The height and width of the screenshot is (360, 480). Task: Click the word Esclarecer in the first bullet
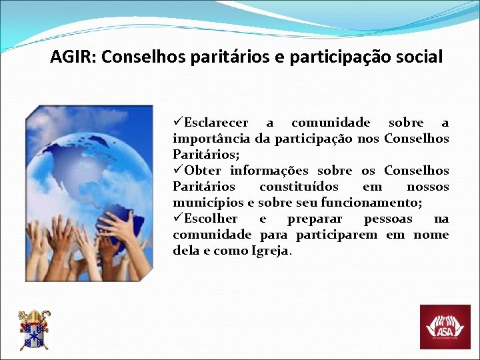[x=216, y=123]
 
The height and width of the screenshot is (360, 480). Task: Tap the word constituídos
[x=299, y=187]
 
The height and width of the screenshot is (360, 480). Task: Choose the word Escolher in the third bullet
[x=211, y=219]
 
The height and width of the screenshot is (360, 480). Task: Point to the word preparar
[x=315, y=219]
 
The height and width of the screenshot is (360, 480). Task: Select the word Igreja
[x=271, y=251]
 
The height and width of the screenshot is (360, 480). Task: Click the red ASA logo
[x=445, y=327]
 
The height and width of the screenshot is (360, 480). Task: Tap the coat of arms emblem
[x=33, y=330]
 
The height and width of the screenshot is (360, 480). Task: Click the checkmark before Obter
[x=178, y=171]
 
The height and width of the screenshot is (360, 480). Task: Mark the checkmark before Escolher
[x=178, y=219]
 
